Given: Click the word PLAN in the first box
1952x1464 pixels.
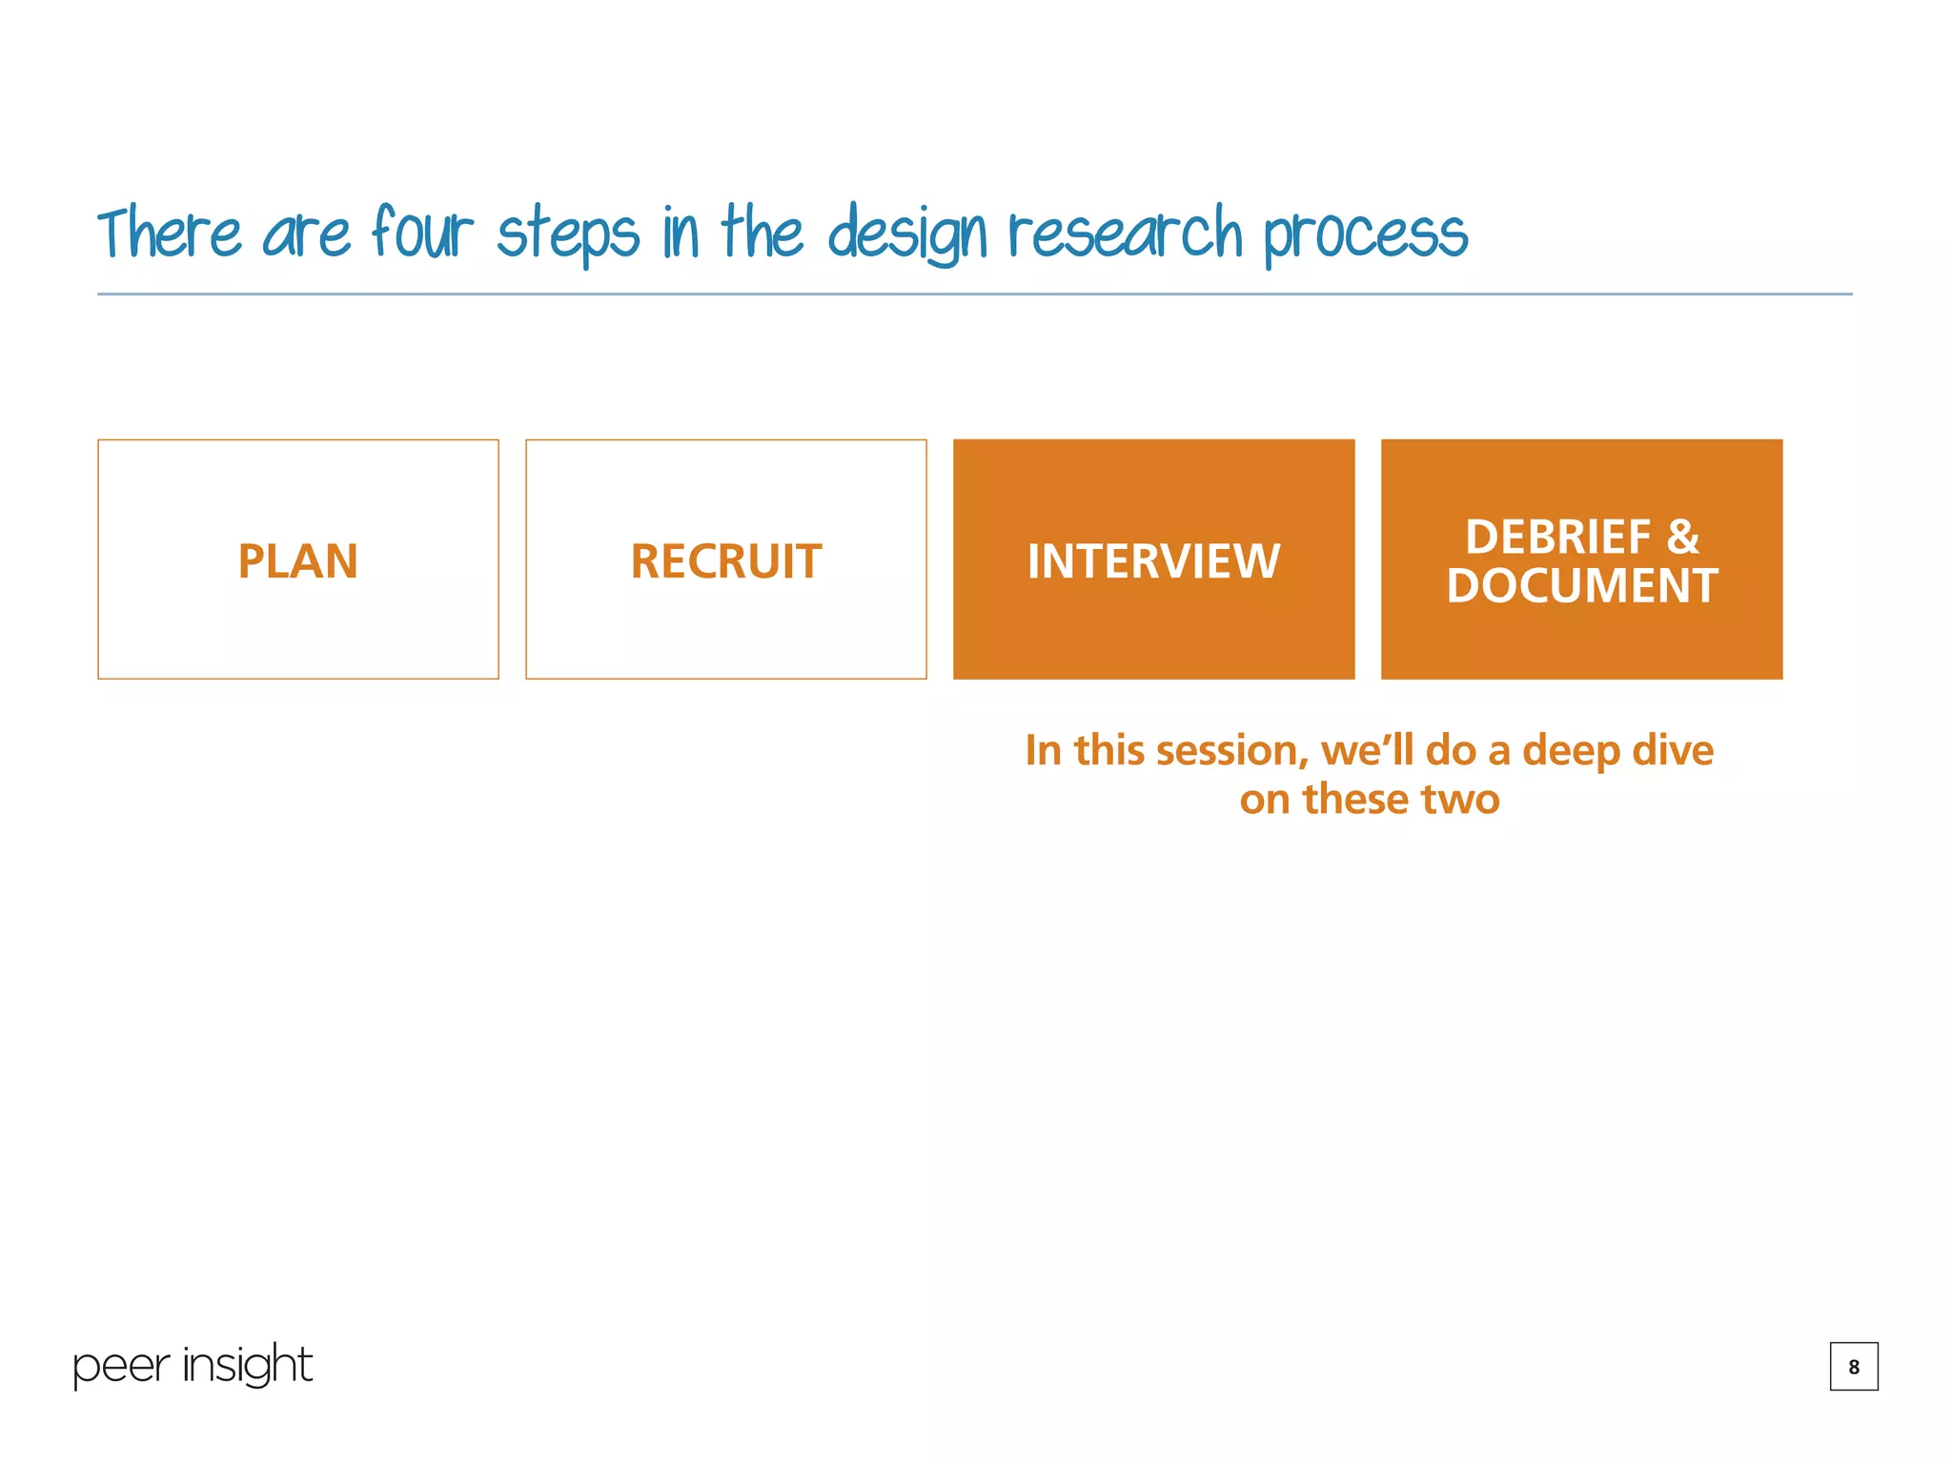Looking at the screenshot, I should pos(297,561).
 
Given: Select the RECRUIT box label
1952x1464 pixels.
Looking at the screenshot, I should pos(725,561).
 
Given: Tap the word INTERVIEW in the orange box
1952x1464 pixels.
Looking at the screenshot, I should pos(1153,561).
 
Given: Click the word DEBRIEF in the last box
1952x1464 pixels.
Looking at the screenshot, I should pos(1557,538).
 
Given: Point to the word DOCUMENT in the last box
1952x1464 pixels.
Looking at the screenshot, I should pos(1581,586).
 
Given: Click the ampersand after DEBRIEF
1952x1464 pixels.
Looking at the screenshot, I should pos(1683,538).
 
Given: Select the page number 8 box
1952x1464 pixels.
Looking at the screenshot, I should pos(1853,1367).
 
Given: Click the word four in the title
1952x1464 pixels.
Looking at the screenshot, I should pos(422,233).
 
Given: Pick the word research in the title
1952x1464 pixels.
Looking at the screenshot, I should pos(1126,234).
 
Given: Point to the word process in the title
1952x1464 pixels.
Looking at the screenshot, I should pos(1366,236).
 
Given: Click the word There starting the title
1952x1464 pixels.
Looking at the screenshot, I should pos(170,234).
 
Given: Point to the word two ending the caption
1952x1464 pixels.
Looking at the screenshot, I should pos(1460,800).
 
